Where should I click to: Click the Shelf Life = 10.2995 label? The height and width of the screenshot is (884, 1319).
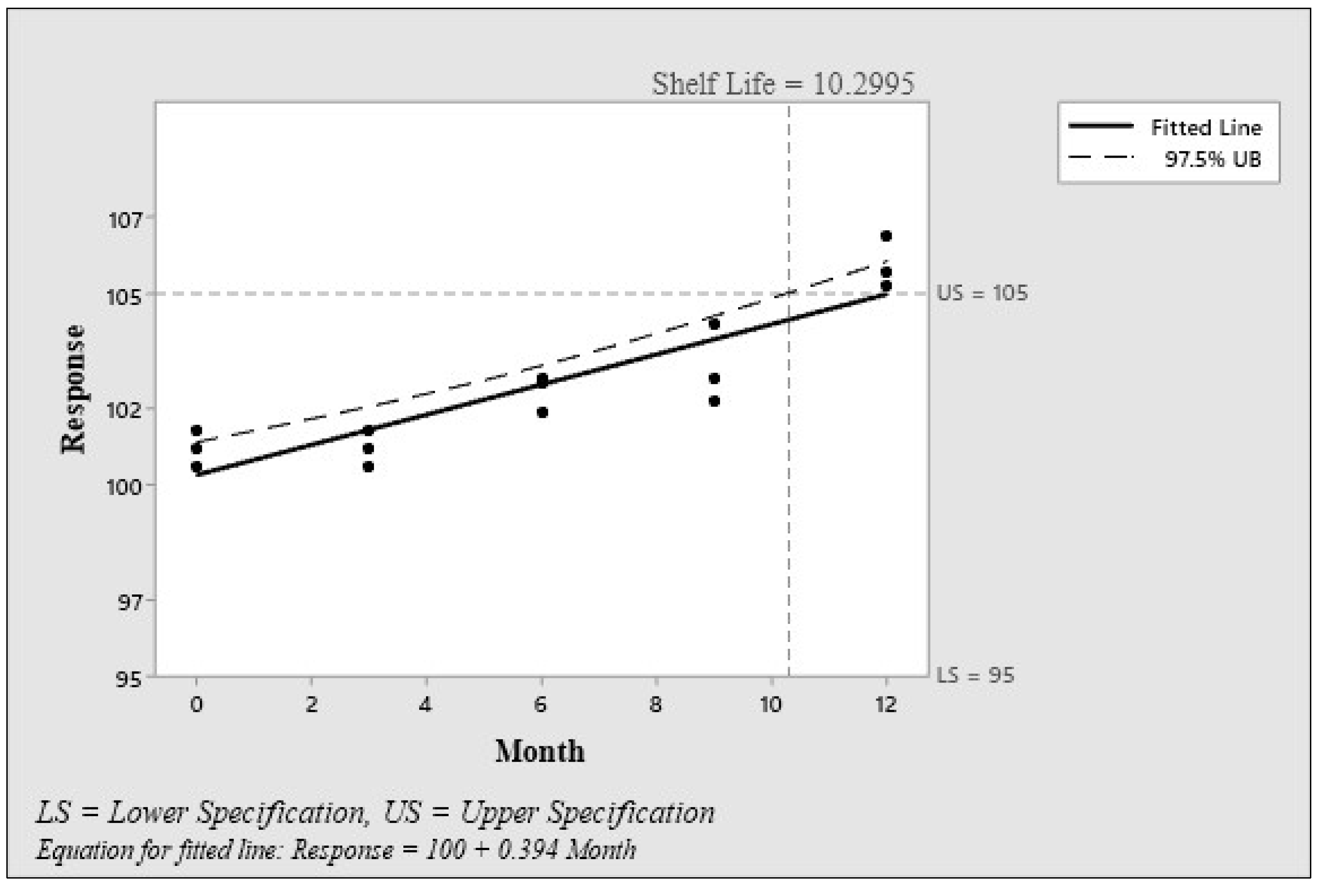(782, 84)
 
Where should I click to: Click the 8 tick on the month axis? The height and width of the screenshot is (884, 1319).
(655, 705)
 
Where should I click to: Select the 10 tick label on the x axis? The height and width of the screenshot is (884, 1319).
(771, 705)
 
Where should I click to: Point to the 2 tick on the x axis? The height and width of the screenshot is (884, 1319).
(311, 705)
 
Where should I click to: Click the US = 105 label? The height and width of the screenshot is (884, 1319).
(982, 293)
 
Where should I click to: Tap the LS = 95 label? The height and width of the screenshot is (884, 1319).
(975, 675)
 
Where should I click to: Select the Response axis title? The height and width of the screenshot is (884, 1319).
(73, 389)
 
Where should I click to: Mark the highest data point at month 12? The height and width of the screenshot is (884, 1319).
(885, 236)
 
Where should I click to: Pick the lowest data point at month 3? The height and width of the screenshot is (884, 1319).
(368, 467)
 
